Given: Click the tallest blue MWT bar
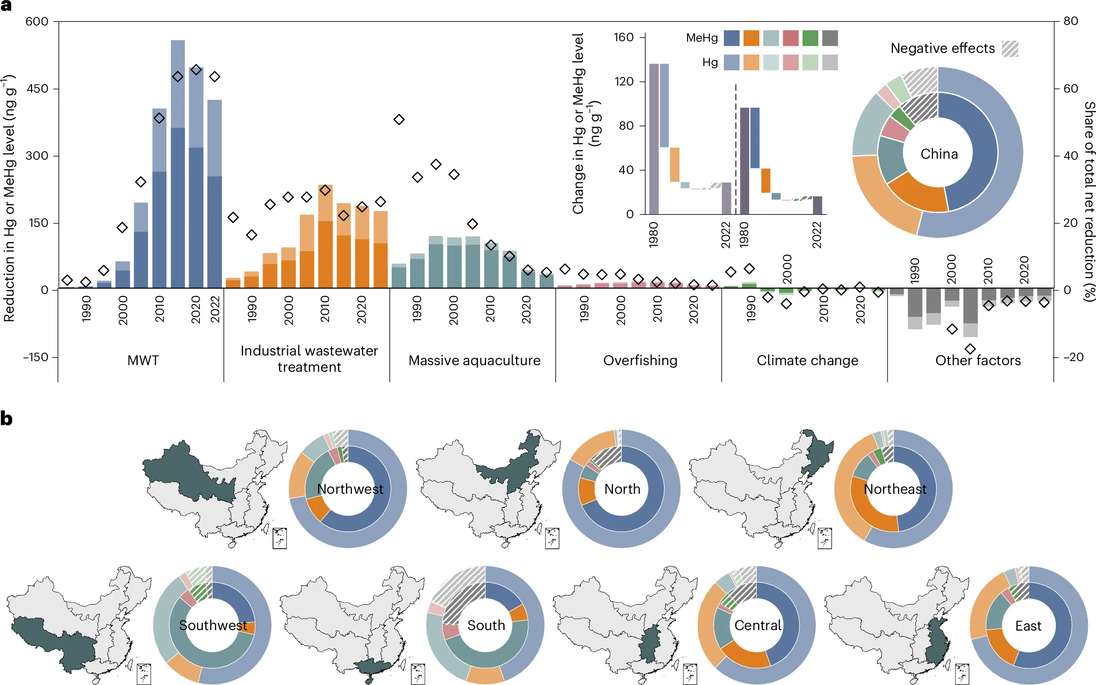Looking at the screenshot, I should point(177,163).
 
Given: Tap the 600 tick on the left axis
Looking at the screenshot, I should point(37,21).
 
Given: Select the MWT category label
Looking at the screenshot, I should point(143,360).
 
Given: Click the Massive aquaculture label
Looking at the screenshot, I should point(474,360).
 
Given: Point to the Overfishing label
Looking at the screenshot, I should point(640,360).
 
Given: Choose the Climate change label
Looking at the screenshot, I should point(807,360).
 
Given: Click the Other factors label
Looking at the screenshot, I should point(977,360).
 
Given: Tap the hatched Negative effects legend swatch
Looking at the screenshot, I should point(1010,49).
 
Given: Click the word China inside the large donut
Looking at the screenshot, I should point(939,154).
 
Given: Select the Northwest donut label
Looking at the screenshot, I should point(350,489).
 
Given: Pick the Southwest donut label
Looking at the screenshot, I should point(213,625).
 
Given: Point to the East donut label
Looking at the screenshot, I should point(1028,626).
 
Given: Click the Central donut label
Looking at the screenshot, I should point(757,625).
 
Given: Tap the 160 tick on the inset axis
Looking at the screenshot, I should point(623,37).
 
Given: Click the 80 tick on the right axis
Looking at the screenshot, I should point(1070,21).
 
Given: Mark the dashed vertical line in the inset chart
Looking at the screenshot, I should point(735,147).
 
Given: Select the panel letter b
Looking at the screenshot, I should point(7,419).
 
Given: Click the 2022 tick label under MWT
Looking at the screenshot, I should point(215,309).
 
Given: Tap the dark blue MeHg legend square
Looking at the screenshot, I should point(731,38).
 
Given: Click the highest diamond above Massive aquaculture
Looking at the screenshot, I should point(399,120).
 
